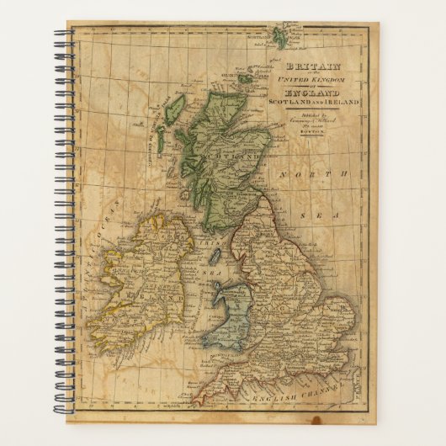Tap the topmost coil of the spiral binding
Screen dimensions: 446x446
point(64,35)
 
